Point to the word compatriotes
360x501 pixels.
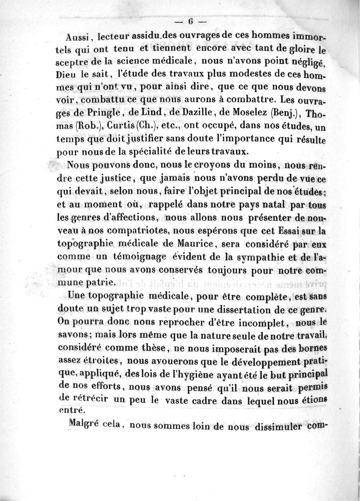click(130, 233)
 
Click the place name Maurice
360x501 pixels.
click(169, 245)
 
